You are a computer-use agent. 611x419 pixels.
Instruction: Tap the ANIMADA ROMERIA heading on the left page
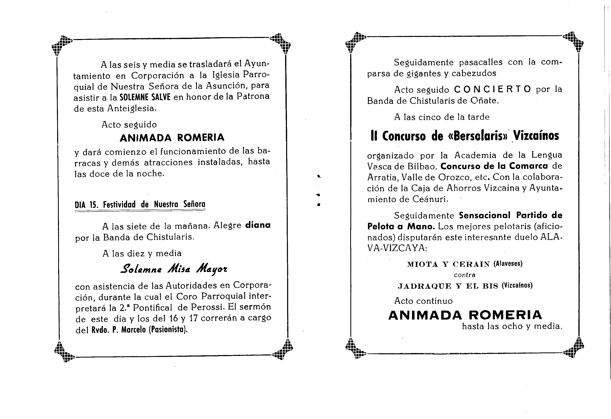[172, 138]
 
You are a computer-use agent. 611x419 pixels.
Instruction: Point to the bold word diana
[258, 225]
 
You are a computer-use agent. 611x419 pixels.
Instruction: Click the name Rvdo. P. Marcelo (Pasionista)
[139, 330]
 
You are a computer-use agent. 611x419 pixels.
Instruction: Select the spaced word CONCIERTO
[493, 89]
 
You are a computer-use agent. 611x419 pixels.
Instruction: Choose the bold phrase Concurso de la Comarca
[494, 166]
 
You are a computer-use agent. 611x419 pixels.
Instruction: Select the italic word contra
[464, 275]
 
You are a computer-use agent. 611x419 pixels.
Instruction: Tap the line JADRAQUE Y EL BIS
[448, 286]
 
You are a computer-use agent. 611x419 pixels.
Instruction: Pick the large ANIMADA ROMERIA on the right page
[465, 315]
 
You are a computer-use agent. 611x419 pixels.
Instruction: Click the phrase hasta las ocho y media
[512, 326]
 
